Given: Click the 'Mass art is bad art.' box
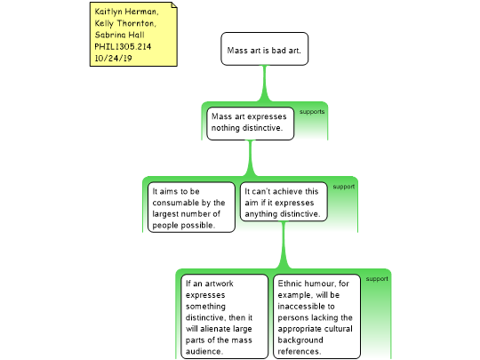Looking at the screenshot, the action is [265, 49].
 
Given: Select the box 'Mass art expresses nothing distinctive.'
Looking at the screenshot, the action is [250, 124].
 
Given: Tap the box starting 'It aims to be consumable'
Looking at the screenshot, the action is [191, 207].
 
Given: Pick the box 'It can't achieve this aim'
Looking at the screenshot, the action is [284, 202].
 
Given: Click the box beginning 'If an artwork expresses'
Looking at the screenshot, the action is [224, 316].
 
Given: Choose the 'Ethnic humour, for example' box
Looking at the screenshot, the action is [316, 316].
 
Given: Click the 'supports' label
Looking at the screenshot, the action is [312, 112].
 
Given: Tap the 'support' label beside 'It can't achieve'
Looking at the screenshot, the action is [344, 187].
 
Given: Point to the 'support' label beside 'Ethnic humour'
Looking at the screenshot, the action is [377, 279].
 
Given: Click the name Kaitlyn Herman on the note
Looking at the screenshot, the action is [126, 12].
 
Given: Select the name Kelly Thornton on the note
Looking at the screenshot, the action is [125, 23].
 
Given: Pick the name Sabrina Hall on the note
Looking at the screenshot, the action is [119, 35].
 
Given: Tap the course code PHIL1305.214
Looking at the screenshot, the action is [123, 46].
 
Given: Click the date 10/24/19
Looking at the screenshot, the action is [113, 58].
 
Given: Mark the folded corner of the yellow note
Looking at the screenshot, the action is [174, 5].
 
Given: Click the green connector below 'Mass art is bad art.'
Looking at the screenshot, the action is [265, 84].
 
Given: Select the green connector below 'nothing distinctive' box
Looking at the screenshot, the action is [251, 158].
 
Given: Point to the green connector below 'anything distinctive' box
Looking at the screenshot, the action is [284, 245].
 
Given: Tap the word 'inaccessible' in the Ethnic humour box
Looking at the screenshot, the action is [306, 307].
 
